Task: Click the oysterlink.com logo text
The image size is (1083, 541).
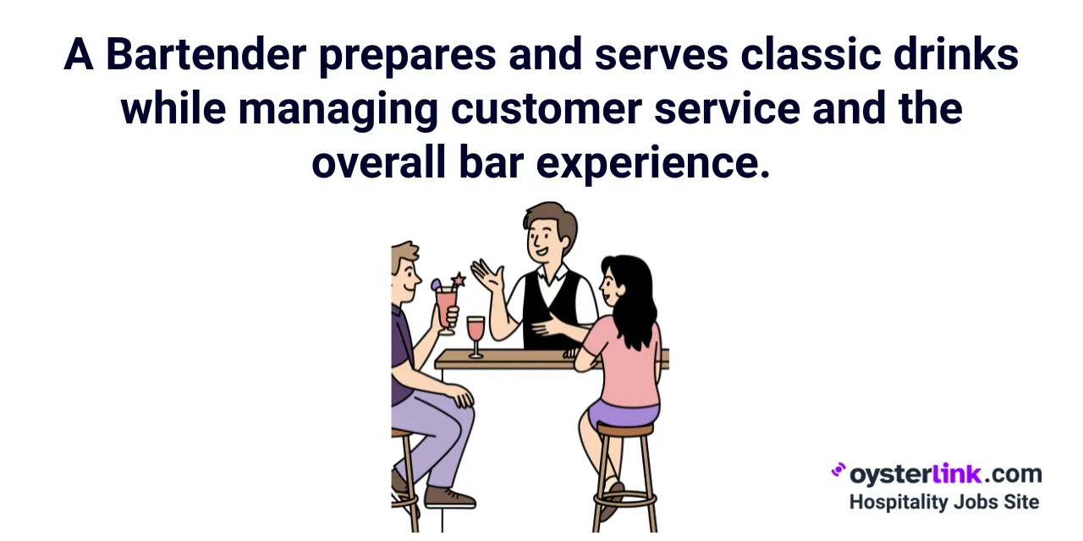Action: [x=945, y=474]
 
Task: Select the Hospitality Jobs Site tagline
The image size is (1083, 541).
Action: [x=943, y=501]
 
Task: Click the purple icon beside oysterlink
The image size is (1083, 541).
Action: [x=838, y=470]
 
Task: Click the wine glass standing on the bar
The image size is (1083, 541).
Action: [x=476, y=335]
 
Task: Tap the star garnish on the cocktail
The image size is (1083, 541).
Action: [x=458, y=280]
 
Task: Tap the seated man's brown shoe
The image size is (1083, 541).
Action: [x=448, y=496]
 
